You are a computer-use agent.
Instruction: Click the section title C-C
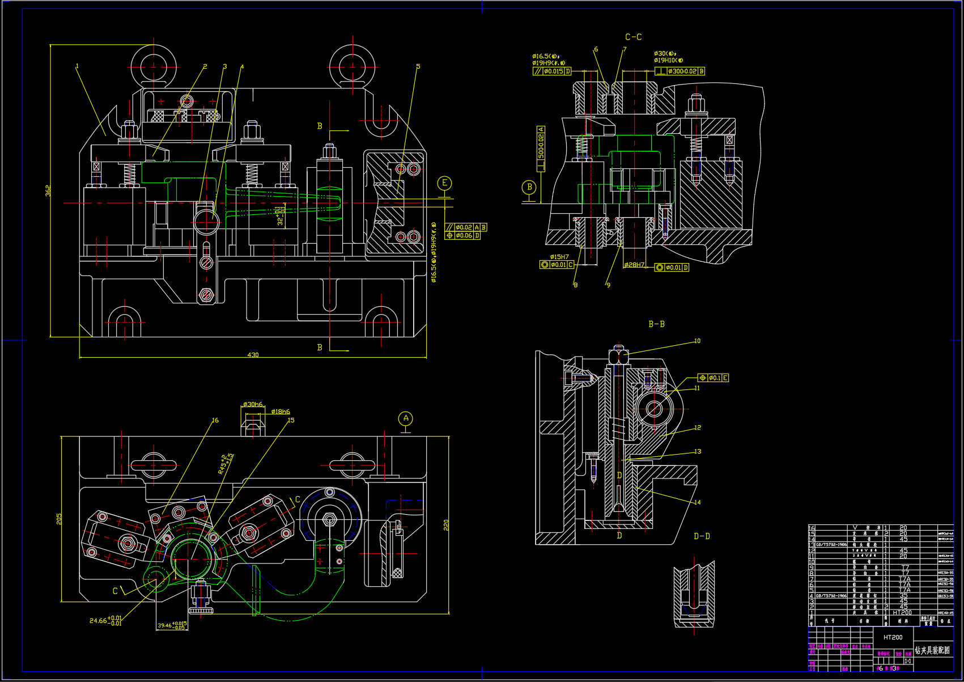(633, 37)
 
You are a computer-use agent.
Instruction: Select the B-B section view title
(656, 324)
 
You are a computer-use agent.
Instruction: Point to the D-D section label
(702, 536)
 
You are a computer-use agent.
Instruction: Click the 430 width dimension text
(253, 355)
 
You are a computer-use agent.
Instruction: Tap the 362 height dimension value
(48, 191)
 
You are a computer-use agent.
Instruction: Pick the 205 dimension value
(59, 518)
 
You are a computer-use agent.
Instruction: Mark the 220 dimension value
(446, 524)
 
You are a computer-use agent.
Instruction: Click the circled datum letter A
(406, 419)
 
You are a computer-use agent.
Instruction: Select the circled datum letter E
(445, 183)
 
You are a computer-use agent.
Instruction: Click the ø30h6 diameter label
(253, 404)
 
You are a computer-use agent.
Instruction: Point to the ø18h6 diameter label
(281, 412)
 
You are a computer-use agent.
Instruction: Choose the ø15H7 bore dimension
(559, 257)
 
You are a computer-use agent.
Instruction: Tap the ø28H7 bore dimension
(634, 265)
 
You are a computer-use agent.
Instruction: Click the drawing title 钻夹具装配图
(932, 650)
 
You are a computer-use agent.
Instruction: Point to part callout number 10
(697, 341)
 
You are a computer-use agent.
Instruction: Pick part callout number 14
(697, 502)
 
